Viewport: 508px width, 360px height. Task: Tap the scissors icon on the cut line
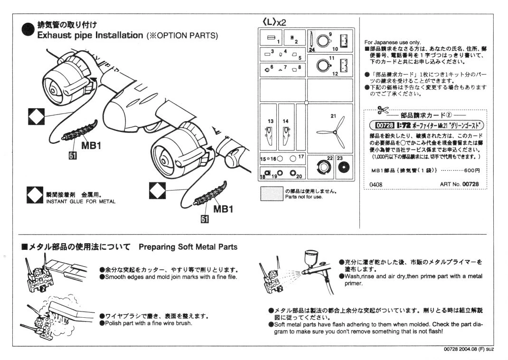(381, 110)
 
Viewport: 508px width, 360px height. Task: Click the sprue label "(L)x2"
(274, 22)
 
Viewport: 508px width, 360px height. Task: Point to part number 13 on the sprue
(271, 122)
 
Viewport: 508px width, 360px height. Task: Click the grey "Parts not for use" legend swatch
(272, 194)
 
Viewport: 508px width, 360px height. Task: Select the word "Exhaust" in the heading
(55, 36)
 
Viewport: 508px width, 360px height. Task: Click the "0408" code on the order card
(376, 184)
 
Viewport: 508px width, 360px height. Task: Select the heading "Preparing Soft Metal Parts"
(188, 247)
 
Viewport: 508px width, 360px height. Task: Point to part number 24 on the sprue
(311, 49)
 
